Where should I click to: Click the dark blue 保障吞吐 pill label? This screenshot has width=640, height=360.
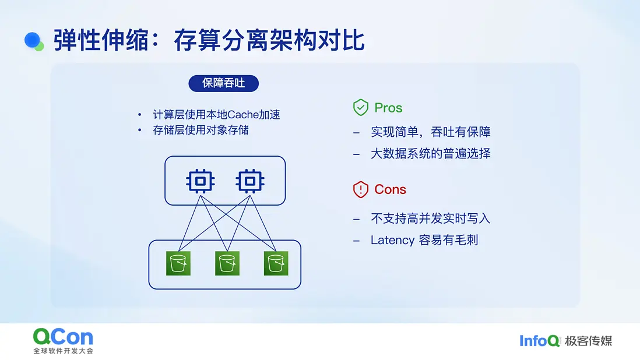click(x=223, y=83)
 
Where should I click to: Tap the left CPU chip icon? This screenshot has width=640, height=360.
click(x=201, y=181)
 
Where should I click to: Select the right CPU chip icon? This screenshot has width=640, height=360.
click(x=250, y=181)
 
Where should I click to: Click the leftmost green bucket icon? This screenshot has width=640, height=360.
click(x=178, y=263)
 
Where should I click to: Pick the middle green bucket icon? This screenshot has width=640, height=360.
click(x=227, y=263)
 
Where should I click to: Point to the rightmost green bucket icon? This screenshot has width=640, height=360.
click(x=276, y=263)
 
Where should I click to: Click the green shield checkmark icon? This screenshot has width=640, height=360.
click(x=361, y=108)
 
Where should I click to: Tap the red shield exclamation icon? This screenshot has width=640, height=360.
click(x=361, y=189)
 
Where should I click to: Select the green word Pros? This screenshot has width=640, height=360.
click(x=388, y=108)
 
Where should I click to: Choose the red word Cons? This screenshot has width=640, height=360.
click(x=390, y=189)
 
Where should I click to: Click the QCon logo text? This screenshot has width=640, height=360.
click(x=64, y=337)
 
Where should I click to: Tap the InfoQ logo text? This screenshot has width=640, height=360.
click(x=539, y=341)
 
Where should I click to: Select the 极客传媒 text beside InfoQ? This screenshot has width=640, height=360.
click(x=588, y=341)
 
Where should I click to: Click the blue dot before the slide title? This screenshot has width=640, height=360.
click(x=33, y=40)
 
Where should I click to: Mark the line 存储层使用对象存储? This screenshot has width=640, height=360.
click(x=201, y=130)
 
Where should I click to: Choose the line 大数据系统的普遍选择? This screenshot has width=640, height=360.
click(x=431, y=154)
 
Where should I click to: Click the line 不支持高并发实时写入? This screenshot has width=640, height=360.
click(x=431, y=218)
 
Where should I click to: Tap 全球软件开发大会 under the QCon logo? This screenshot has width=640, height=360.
click(x=64, y=351)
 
